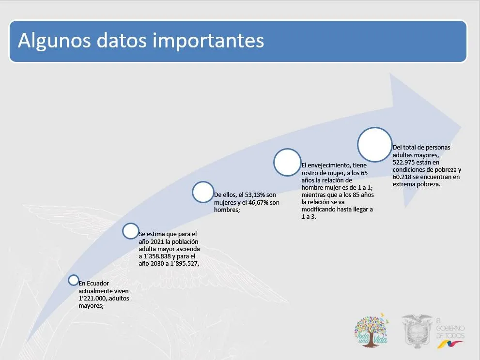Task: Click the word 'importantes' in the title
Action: coord(208,41)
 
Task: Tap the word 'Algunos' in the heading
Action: coord(54,41)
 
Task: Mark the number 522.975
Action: coord(403,163)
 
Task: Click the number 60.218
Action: coord(402,177)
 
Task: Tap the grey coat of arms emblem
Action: coord(417,331)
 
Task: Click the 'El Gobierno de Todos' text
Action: coord(450,329)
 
